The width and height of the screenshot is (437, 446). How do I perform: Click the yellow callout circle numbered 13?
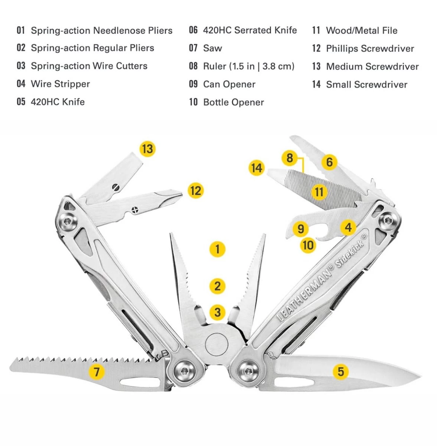coord(147,149)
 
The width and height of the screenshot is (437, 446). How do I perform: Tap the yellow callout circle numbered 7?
coord(97,371)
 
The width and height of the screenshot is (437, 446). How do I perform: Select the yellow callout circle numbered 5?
coord(340,371)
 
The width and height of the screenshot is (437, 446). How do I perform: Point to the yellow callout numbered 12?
coord(196,191)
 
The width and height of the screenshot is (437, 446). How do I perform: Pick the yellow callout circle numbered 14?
coord(257,168)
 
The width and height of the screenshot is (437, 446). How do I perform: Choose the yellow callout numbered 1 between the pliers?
coord(218,249)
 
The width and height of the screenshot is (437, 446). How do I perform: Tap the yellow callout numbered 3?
coord(218,312)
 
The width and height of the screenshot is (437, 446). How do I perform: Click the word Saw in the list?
coord(212,48)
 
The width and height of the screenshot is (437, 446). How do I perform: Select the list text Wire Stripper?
coord(60,84)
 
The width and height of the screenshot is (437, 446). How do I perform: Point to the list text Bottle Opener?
coord(233,102)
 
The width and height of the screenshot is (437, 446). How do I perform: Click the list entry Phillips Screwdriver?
coord(370,48)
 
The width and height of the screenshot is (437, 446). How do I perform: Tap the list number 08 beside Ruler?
coord(193,66)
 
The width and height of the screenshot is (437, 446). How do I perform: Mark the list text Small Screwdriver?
coord(366,84)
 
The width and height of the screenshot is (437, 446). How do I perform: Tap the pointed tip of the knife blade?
coord(420,375)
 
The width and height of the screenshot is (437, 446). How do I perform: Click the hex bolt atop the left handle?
coord(68,222)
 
